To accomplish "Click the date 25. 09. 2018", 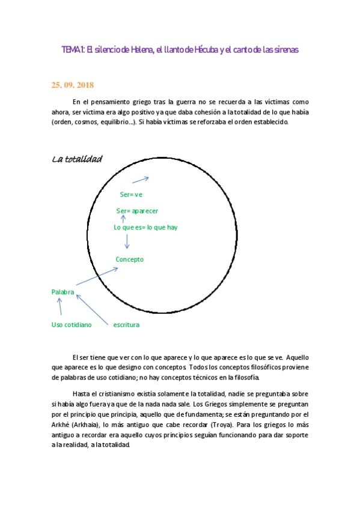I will [73, 85].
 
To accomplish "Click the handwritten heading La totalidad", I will [77, 159].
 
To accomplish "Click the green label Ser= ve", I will [131, 194].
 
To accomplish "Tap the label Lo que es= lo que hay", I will [145, 227].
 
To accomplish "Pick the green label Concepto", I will [129, 259].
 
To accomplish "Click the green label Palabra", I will [63, 292].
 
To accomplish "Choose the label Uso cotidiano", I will [72, 325].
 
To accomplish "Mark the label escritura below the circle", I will [126, 325].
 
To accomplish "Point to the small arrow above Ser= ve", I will [141, 179].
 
